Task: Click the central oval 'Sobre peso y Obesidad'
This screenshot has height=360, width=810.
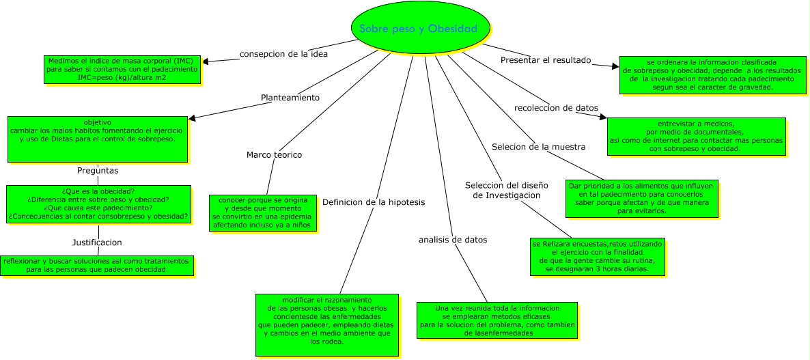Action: click(x=419, y=29)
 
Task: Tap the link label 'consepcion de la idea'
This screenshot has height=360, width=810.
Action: click(x=283, y=53)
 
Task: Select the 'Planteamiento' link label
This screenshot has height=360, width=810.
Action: click(x=290, y=98)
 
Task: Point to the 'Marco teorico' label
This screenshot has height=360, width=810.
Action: click(x=274, y=154)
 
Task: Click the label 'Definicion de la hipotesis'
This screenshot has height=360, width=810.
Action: click(x=374, y=202)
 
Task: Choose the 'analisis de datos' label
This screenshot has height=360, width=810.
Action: click(x=453, y=240)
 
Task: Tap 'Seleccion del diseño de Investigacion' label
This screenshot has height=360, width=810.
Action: click(x=503, y=190)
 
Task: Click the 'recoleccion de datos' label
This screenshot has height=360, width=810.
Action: click(x=556, y=108)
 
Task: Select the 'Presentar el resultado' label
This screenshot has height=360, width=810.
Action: click(x=546, y=59)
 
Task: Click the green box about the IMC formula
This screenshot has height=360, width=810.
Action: click(x=122, y=69)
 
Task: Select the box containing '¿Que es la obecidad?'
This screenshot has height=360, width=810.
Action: click(x=98, y=204)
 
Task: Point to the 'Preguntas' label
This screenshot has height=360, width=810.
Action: click(x=98, y=170)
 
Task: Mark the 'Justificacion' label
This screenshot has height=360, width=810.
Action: click(x=97, y=242)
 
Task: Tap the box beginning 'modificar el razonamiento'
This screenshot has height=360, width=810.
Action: click(x=326, y=324)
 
